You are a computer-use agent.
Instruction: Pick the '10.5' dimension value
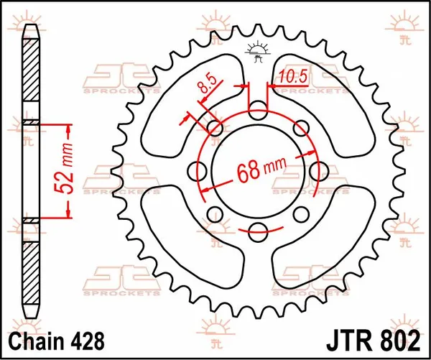(x=294, y=75)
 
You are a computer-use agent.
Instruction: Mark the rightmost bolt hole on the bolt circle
(x=317, y=171)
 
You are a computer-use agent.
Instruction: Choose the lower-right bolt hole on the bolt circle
(x=300, y=213)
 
